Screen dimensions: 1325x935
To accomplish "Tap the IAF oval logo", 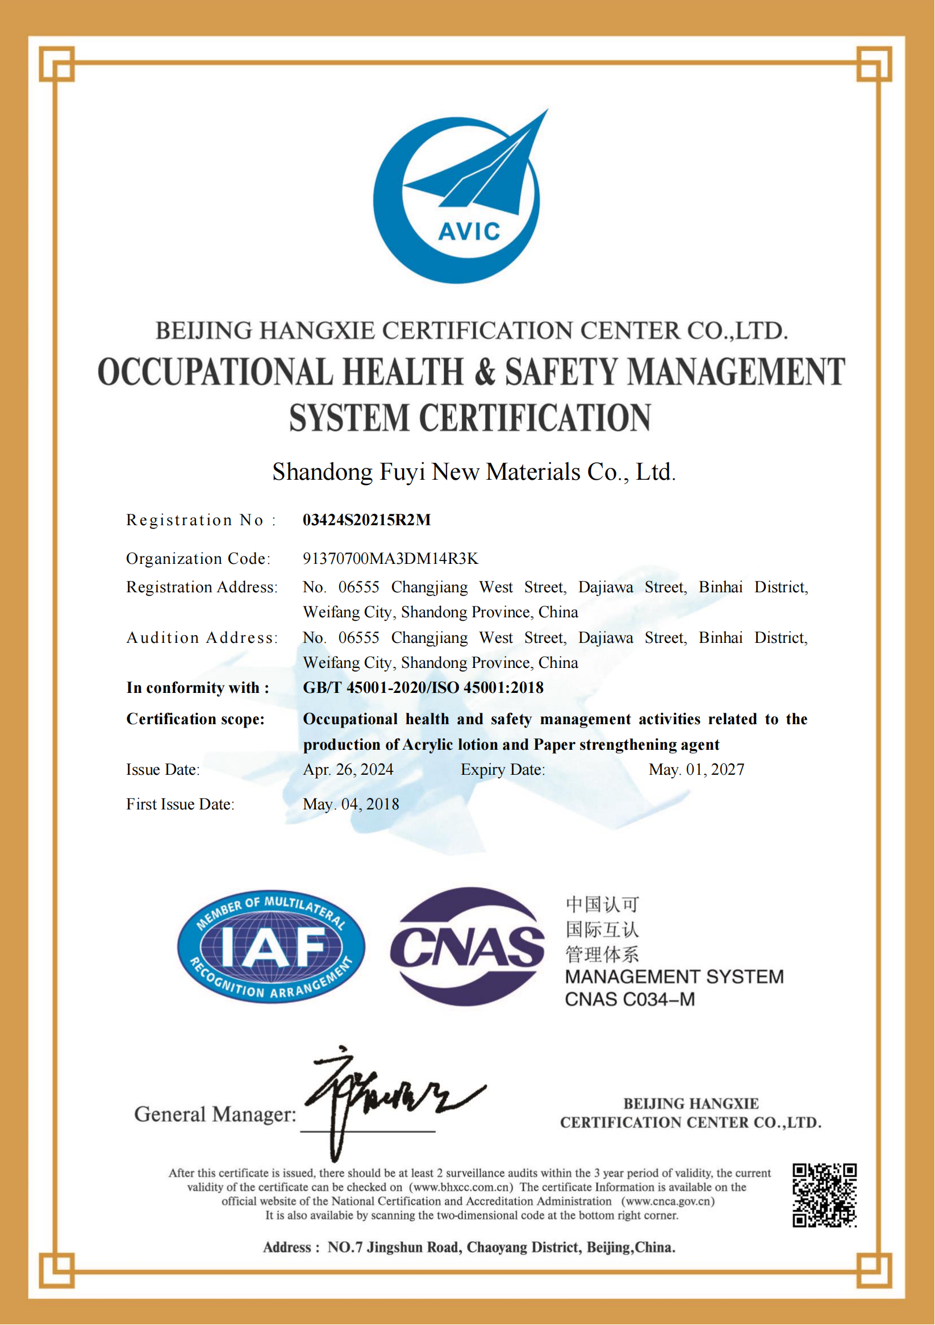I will pos(270,947).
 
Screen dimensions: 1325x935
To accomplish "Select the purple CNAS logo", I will pos(467,947).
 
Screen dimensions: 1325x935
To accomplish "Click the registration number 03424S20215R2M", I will pos(367,520).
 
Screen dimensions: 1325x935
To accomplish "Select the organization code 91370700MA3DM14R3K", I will pos(390,559).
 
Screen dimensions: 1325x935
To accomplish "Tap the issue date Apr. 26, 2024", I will pos(348,770).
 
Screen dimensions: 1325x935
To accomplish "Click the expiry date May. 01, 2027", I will pos(696,770).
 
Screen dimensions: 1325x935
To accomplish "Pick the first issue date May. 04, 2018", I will pos(350,804).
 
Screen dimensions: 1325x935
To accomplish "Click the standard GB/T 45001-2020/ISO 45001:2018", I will pos(423,688).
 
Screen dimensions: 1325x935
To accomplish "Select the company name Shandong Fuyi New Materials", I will pos(474,472).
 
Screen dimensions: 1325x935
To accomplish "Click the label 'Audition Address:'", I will pos(202,638).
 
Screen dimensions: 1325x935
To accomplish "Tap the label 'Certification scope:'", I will pos(195,719).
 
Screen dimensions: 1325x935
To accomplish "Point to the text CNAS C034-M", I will pos(630,999).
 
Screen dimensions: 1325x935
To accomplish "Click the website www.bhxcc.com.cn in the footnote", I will pos(461,1187).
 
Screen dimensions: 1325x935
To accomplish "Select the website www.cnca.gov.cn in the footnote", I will pos(668,1202).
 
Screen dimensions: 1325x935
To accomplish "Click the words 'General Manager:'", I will pos(215,1114).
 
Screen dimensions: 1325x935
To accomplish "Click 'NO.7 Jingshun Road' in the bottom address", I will pos(394,1248).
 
